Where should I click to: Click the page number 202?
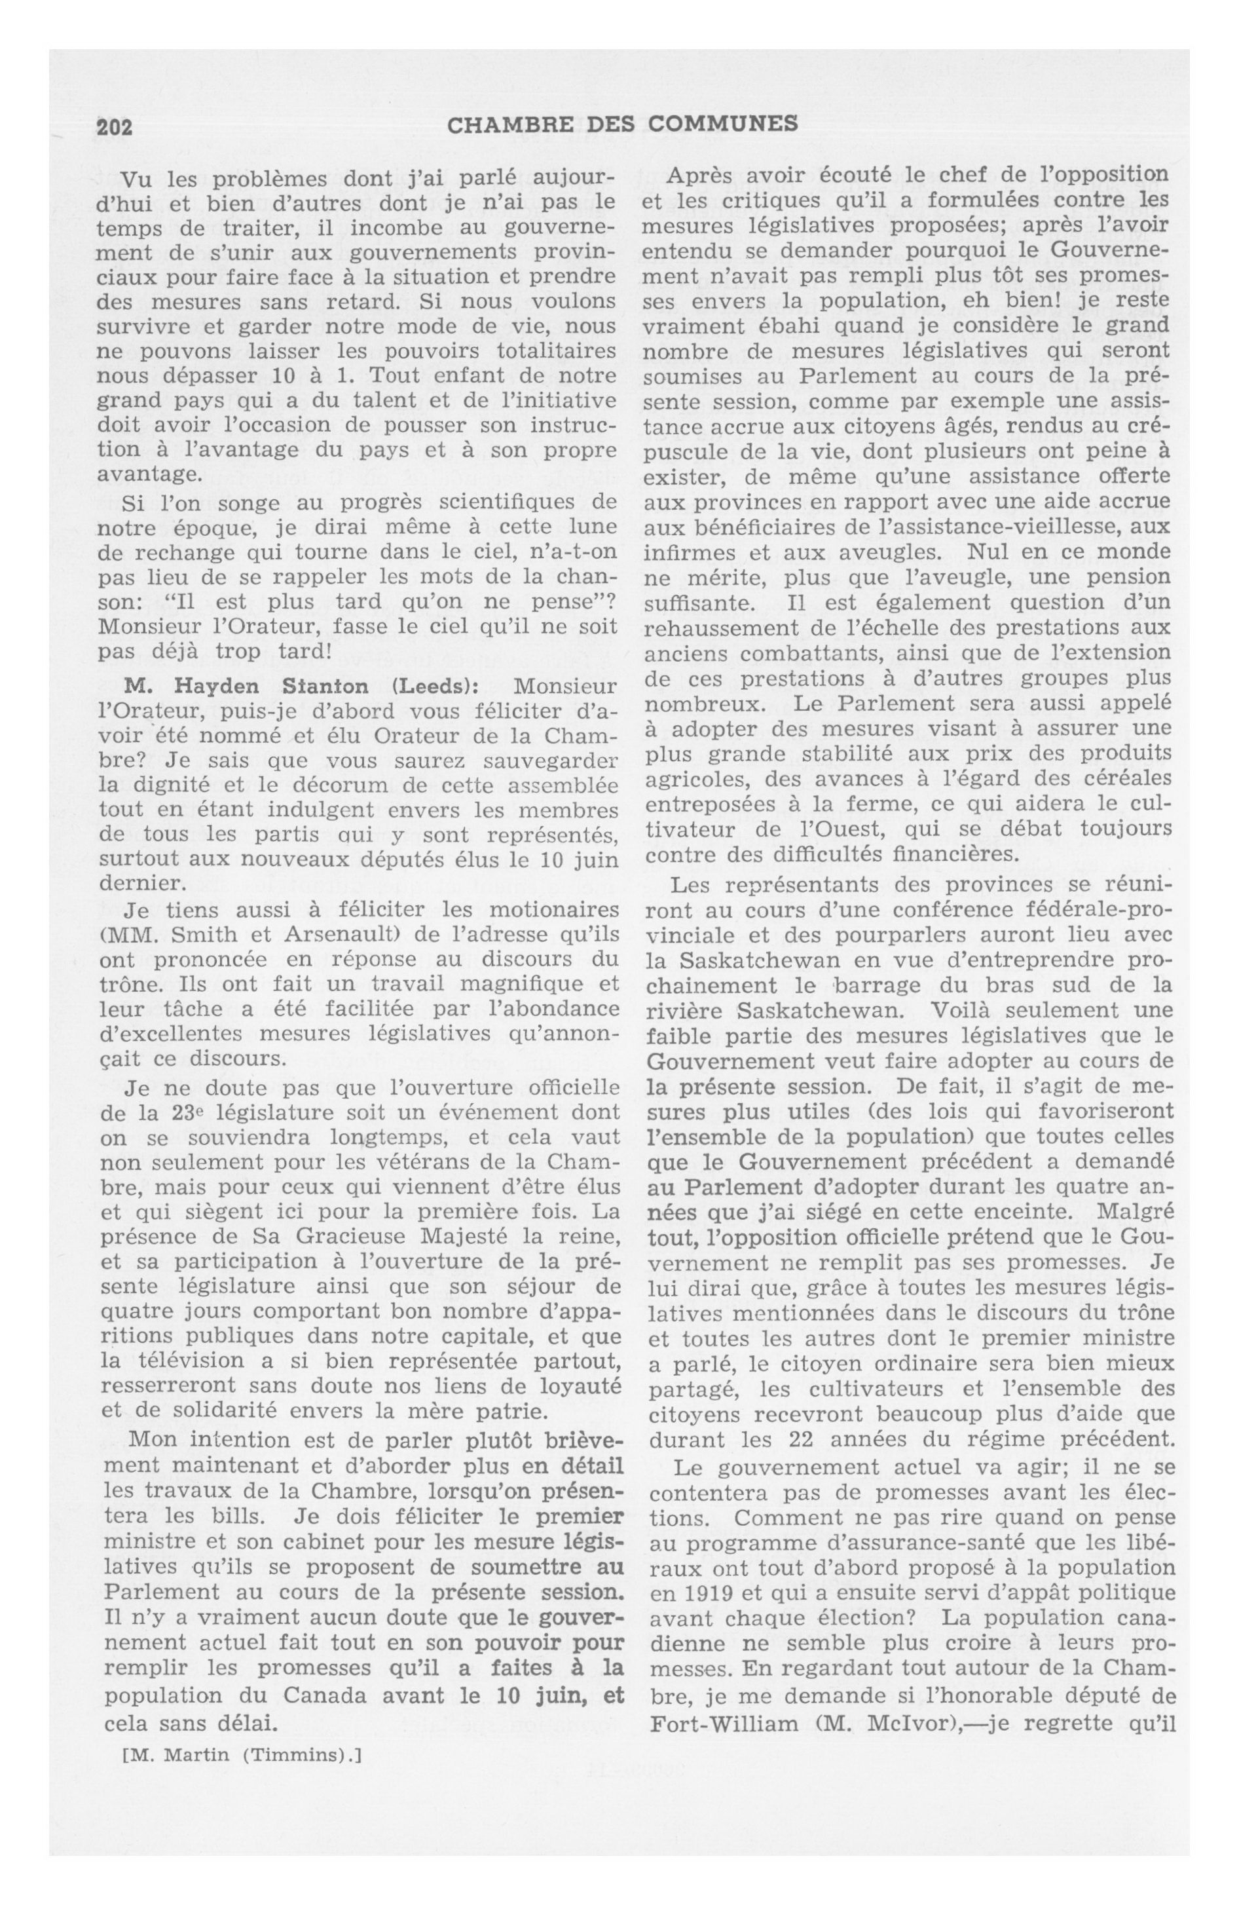[x=115, y=126]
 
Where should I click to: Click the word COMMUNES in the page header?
[x=721, y=124]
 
